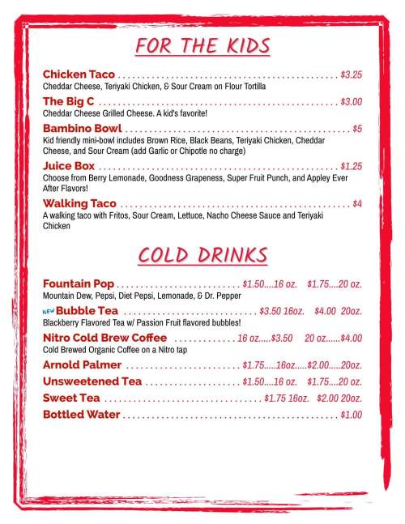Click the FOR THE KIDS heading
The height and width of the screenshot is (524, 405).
click(202, 45)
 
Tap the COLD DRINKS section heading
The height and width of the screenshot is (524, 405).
click(202, 255)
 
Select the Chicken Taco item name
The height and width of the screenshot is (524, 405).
click(79, 74)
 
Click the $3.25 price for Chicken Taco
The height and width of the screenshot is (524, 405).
click(351, 74)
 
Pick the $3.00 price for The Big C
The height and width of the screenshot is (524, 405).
click(351, 102)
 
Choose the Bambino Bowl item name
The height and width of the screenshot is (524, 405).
click(82, 129)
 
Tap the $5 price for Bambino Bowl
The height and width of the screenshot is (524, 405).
click(357, 129)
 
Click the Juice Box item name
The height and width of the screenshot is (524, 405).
click(69, 165)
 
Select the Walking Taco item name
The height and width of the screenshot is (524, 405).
click(79, 202)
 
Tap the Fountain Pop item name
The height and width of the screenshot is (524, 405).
click(79, 284)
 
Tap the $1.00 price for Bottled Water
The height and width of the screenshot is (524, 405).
click(351, 415)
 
